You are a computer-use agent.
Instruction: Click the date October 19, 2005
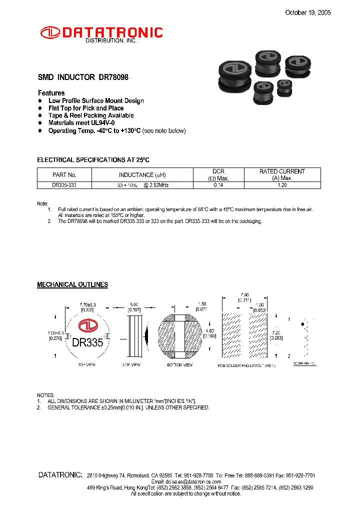point(307,13)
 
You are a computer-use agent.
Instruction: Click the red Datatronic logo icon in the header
point(50,32)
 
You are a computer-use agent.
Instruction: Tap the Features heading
point(51,93)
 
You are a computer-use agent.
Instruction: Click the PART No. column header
point(64,175)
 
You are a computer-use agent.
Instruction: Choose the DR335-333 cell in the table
point(64,185)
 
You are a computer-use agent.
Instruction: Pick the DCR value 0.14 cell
point(218,185)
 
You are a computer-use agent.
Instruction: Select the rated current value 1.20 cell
point(282,185)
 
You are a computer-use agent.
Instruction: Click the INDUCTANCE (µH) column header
point(142,175)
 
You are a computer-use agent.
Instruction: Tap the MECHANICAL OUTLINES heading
point(72,284)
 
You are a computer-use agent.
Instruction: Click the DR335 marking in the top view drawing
point(87,343)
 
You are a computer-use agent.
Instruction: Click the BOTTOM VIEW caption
point(180,365)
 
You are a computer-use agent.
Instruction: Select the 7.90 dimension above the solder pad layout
point(245,295)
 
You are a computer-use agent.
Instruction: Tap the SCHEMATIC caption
point(304,363)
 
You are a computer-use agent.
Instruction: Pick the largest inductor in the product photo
point(234,76)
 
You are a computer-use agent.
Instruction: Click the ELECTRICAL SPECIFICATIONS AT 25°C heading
point(93,160)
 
